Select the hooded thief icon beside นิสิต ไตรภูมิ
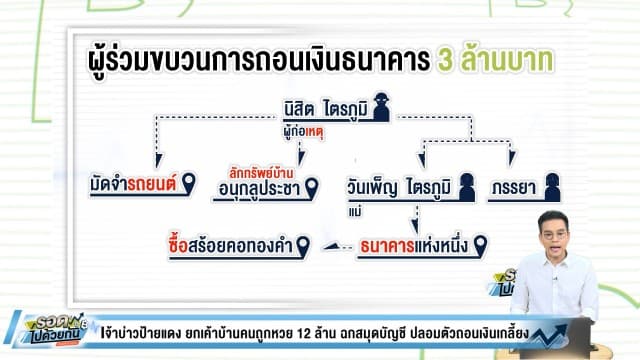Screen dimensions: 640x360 pyautogui.click(x=380, y=112)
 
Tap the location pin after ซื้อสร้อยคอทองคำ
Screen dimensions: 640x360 pyautogui.click(x=302, y=243)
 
